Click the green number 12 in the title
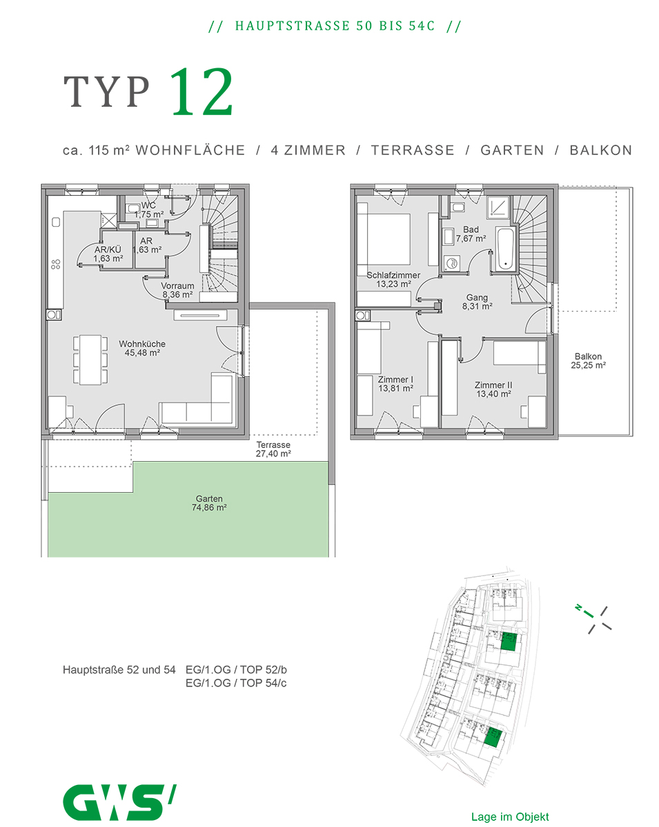pyautogui.click(x=201, y=92)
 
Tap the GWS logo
pyautogui.click(x=119, y=802)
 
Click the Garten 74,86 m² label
pyautogui.click(x=209, y=502)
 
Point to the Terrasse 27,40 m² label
pyautogui.click(x=273, y=449)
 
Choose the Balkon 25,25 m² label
pyautogui.click(x=588, y=360)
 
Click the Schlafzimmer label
pyautogui.click(x=393, y=275)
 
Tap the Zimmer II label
pyautogui.click(x=493, y=385)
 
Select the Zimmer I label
pyautogui.click(x=395, y=379)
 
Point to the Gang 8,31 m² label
pyautogui.click(x=477, y=302)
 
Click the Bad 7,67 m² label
pyautogui.click(x=471, y=234)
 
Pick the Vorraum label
pyautogui.click(x=177, y=286)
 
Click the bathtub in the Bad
pyautogui.click(x=505, y=249)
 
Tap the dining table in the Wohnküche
pyautogui.click(x=90, y=360)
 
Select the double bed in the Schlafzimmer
pyautogui.click(x=384, y=239)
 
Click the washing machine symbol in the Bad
pyautogui.click(x=451, y=264)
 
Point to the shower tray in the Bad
pyautogui.click(x=498, y=207)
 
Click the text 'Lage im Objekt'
pyautogui.click(x=510, y=817)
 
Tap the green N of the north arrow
pyautogui.click(x=578, y=607)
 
